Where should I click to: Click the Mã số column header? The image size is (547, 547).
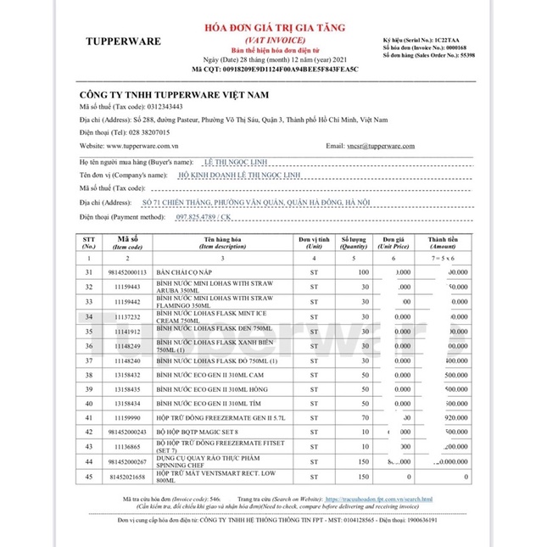point(128,241)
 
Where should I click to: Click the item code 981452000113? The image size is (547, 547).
point(128,272)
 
